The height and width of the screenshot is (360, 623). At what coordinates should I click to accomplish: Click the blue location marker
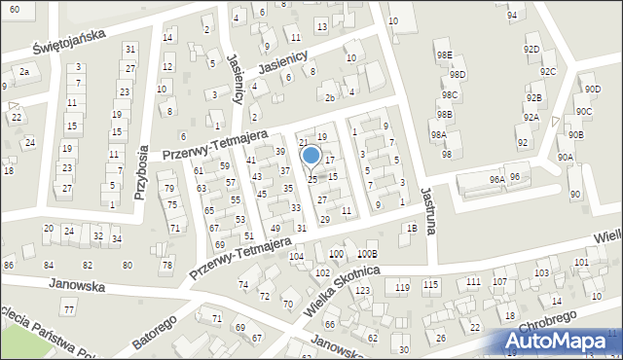(311, 156)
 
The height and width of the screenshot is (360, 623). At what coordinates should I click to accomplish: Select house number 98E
(445, 55)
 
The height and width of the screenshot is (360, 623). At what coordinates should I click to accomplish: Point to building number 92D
(531, 49)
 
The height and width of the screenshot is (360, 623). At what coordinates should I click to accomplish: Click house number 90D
(593, 90)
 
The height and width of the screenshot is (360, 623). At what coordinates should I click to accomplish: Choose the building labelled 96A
(496, 179)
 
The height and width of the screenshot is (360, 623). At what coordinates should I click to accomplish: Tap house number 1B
(412, 228)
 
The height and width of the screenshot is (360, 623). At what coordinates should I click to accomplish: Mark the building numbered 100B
(366, 254)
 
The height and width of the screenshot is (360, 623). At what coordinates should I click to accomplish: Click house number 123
(362, 290)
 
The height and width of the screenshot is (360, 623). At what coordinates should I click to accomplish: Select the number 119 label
(402, 286)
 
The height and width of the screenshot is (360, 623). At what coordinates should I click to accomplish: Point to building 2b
(330, 97)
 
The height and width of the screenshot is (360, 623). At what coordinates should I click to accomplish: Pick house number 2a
(24, 71)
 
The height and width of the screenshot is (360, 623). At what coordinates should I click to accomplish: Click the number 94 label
(512, 16)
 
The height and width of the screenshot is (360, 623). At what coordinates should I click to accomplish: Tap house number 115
(430, 284)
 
